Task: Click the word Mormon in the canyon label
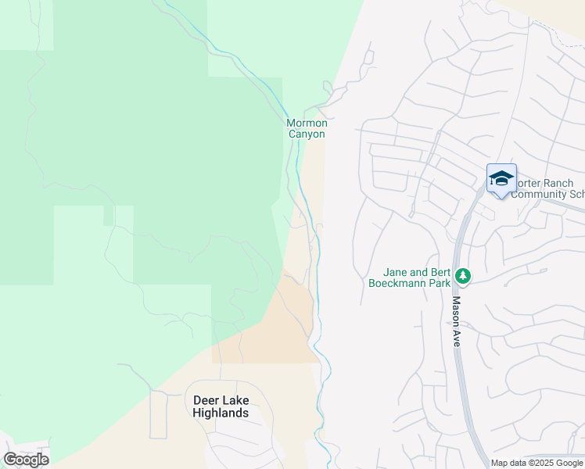click(x=307, y=124)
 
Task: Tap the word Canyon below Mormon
click(x=307, y=134)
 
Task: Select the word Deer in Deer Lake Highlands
click(x=205, y=401)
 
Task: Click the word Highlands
click(x=221, y=413)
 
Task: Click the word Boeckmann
click(x=397, y=283)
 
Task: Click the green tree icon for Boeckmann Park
click(x=463, y=276)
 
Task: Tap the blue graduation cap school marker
click(x=501, y=179)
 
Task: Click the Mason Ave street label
click(x=456, y=320)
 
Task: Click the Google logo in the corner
click(x=26, y=460)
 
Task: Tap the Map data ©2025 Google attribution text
click(x=537, y=463)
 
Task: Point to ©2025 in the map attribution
click(x=541, y=463)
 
